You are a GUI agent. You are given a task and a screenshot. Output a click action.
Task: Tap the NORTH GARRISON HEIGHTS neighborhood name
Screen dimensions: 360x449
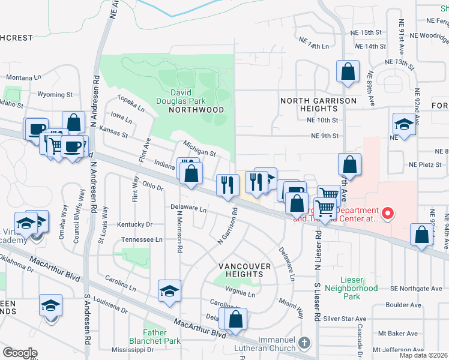point(310,104)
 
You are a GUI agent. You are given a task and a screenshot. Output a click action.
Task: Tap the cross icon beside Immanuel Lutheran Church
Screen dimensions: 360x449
point(304,343)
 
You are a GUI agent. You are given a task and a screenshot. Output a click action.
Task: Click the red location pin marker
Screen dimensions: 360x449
point(388,212)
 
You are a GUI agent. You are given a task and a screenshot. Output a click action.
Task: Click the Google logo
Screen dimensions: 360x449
point(19,353)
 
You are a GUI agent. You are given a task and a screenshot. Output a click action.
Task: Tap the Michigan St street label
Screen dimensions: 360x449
point(199,149)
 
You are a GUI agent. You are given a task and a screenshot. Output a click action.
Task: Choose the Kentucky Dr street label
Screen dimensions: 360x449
point(136,224)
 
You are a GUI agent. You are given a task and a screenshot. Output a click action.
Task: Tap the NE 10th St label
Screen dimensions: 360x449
point(328,120)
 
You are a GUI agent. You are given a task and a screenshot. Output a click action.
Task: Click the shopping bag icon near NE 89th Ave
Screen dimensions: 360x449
point(348,71)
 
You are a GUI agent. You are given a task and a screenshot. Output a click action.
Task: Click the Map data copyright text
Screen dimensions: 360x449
point(423,355)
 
